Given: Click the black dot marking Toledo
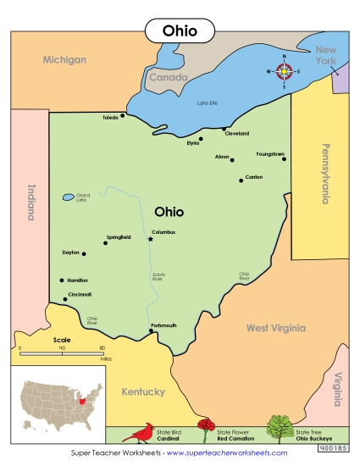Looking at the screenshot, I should pyautogui.click(x=123, y=115).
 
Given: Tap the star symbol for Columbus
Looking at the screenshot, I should pyautogui.click(x=151, y=239).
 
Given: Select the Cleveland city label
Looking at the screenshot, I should pyautogui.click(x=236, y=134).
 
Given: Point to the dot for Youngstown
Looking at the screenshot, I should pyautogui.click(x=285, y=158).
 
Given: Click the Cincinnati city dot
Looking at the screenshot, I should pyautogui.click(x=65, y=299).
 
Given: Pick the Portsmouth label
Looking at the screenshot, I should pyautogui.click(x=163, y=325).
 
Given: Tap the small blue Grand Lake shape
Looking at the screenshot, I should pyautogui.click(x=68, y=197).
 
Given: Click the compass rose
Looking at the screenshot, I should pyautogui.click(x=285, y=71).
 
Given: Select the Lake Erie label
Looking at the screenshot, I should pyautogui.click(x=208, y=103).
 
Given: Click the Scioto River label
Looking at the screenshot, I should pyautogui.click(x=158, y=275).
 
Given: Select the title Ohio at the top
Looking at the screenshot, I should pyautogui.click(x=180, y=31).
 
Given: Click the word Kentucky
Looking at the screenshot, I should pyautogui.click(x=143, y=392).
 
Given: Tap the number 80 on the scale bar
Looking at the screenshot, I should pyautogui.click(x=102, y=348).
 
